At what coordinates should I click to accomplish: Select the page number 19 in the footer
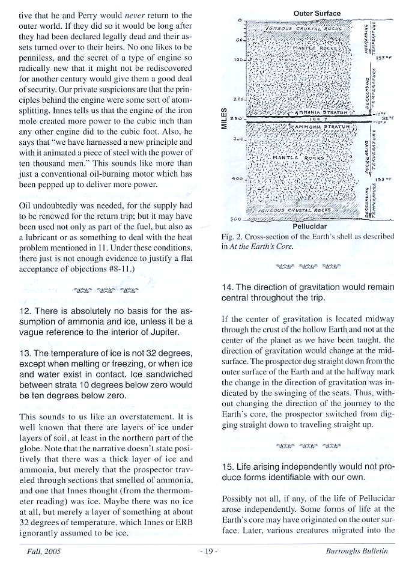pyautogui.click(x=204, y=550)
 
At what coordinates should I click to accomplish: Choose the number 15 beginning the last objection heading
pyautogui.click(x=228, y=467)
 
